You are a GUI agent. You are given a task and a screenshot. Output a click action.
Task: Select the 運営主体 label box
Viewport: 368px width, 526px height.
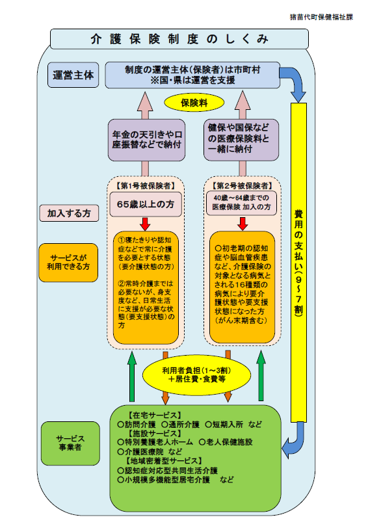point(73,75)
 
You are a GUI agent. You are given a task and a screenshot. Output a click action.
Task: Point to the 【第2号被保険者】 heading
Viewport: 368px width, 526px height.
point(241,185)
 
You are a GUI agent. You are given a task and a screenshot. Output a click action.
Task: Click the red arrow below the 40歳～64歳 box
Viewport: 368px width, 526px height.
point(241,222)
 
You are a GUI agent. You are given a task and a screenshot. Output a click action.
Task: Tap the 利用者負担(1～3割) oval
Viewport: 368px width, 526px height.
point(196,373)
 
